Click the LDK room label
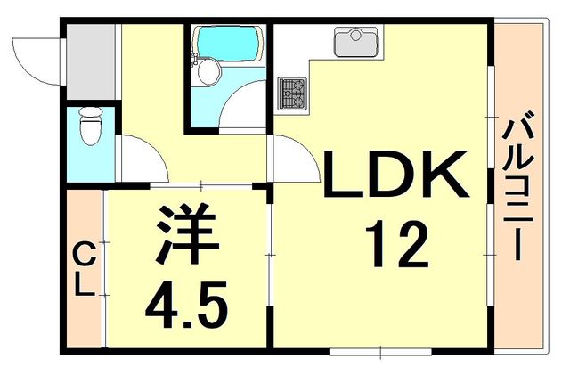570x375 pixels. pos(395,175)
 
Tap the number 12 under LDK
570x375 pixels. pos(398,245)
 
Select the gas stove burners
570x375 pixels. pos(291,92)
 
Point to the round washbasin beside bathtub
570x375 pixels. pos(207,72)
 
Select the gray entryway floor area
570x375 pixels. pos(90,61)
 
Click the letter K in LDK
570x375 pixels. pos(444,175)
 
